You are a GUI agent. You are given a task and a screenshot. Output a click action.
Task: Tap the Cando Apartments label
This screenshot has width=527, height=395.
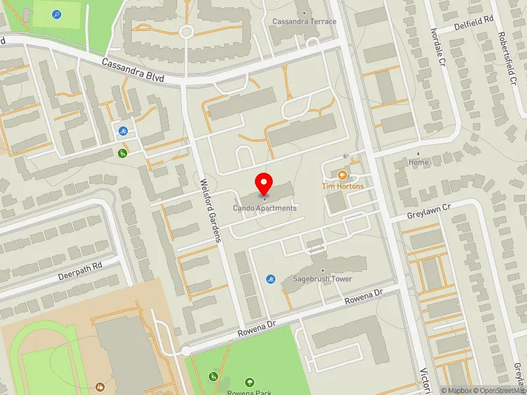click(x=264, y=208)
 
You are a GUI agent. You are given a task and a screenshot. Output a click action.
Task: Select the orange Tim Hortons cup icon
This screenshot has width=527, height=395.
click(x=342, y=175)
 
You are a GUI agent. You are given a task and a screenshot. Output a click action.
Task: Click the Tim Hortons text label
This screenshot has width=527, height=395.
click(x=343, y=186)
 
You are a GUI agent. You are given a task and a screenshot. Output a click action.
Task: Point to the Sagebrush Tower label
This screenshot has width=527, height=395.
click(x=322, y=279)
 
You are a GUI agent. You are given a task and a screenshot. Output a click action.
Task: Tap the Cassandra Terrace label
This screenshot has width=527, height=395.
click(x=304, y=22)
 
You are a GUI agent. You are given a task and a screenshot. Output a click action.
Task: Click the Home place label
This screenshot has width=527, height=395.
click(x=418, y=162)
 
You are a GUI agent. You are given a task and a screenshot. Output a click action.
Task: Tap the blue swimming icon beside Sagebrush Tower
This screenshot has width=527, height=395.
click(x=271, y=279)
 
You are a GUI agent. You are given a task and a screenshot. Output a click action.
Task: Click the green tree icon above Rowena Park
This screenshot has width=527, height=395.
click(x=250, y=382)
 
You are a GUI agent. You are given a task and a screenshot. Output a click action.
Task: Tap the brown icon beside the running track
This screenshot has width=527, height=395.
click(x=100, y=386)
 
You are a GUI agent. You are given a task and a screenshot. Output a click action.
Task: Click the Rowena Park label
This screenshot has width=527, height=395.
click(x=250, y=392)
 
